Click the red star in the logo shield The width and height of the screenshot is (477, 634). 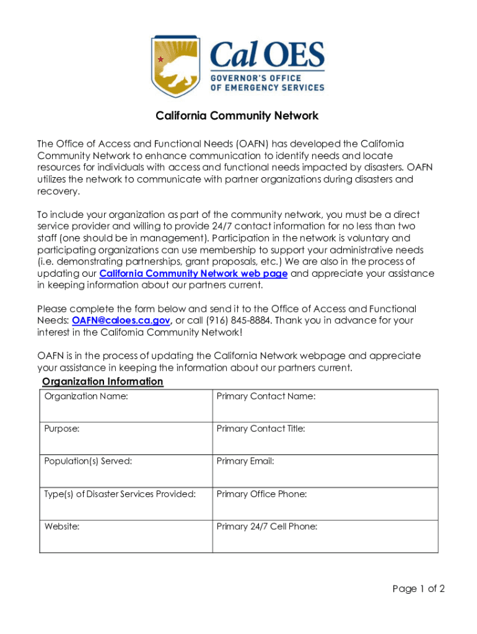[x=161, y=59]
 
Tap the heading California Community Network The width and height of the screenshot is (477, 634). [x=237, y=116]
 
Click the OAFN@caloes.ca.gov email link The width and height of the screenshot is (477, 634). [x=121, y=320]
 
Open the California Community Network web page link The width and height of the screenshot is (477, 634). [x=193, y=274]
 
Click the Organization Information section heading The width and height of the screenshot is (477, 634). [x=102, y=381]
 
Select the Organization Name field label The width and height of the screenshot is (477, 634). [x=86, y=396]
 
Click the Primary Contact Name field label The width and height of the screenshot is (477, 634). [x=266, y=396]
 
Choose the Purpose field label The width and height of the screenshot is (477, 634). [x=62, y=428]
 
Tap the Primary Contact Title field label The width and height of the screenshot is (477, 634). [x=261, y=428]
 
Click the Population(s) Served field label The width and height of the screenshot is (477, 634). [x=88, y=461]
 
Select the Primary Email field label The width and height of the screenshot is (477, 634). [x=245, y=461]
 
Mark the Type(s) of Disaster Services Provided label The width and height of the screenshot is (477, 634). [x=120, y=494]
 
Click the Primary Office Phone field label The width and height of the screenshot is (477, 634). [x=261, y=494]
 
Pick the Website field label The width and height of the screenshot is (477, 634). [x=62, y=527]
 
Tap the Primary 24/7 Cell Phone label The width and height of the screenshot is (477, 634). [x=267, y=527]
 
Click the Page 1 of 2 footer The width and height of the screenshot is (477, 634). [x=418, y=589]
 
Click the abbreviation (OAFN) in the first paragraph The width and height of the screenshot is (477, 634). [x=253, y=144]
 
